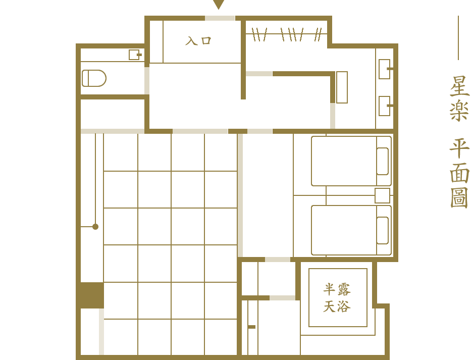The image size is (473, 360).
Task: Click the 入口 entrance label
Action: (x=198, y=41)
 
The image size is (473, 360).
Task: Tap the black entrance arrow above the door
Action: (x=219, y=4)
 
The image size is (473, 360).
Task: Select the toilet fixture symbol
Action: (x=94, y=78)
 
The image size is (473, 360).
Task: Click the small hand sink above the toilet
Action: (x=135, y=55)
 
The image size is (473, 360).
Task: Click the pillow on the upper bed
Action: (x=383, y=161)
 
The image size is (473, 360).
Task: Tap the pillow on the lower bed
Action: (x=383, y=230)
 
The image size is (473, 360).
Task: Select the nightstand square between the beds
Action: (x=382, y=195)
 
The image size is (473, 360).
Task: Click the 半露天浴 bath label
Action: (x=337, y=297)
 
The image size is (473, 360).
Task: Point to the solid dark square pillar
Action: (x=92, y=295)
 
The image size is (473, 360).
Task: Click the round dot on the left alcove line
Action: (x=95, y=227)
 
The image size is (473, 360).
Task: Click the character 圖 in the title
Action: (x=459, y=197)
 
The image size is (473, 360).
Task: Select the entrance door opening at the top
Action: (x=220, y=18)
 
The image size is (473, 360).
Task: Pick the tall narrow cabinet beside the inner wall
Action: (x=342, y=87)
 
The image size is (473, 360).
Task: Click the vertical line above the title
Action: (x=458, y=38)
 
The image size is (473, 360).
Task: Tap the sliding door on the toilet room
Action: (x=147, y=81)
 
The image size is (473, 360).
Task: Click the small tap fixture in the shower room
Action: (x=251, y=327)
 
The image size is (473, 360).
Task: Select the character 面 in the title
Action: (x=459, y=173)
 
